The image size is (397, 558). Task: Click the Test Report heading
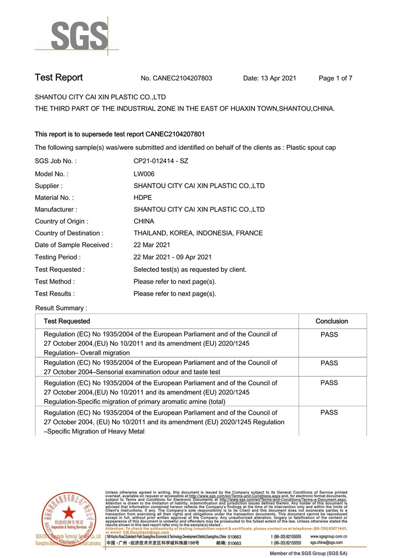tap(59, 78)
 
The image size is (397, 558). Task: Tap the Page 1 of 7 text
tap(335, 78)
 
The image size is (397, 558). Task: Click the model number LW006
tap(144, 174)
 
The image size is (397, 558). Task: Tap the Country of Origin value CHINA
tap(144, 221)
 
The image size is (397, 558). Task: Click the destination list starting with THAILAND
tap(198, 233)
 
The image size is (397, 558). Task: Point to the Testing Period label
tap(58, 257)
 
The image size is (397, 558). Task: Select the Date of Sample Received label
tap(73, 245)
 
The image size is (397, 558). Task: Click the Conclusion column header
tap(331, 321)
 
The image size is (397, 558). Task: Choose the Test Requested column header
tap(67, 321)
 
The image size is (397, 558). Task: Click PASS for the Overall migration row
tap(329, 335)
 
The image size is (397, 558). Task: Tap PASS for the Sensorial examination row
tap(329, 364)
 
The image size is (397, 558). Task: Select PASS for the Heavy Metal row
tap(329, 413)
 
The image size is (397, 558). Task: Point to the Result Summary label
tap(61, 308)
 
